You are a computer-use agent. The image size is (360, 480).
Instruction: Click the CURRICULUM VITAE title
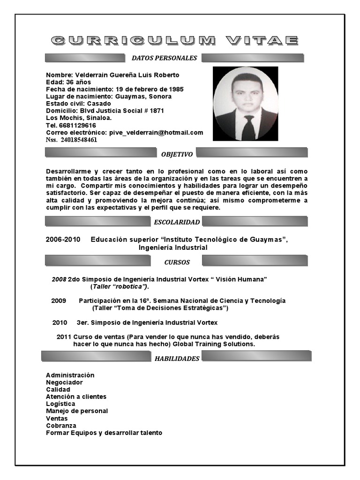click(x=174, y=41)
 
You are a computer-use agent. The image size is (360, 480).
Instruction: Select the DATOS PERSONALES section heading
click(x=164, y=58)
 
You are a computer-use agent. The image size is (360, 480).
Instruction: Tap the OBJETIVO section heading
click(x=176, y=154)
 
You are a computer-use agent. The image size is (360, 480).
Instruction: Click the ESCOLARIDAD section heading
click(x=177, y=222)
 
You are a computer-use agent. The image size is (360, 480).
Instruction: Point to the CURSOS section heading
click(x=177, y=262)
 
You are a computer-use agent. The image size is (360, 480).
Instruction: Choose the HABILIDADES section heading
click(x=177, y=359)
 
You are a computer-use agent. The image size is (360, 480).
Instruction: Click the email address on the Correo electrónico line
click(x=155, y=133)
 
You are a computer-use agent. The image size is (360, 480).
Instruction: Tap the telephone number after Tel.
click(x=77, y=126)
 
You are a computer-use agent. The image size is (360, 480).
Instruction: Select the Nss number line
click(x=72, y=140)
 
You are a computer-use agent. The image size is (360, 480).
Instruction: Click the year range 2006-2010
click(x=63, y=240)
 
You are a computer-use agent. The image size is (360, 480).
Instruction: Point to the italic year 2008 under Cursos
click(x=59, y=279)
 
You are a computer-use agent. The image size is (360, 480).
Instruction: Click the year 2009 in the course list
click(x=59, y=300)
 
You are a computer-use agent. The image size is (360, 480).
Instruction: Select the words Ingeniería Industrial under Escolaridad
click(x=173, y=247)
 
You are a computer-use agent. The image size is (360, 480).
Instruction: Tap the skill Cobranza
click(x=61, y=426)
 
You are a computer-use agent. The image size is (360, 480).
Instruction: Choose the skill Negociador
click(x=64, y=382)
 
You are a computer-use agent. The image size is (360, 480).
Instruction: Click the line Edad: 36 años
click(x=68, y=82)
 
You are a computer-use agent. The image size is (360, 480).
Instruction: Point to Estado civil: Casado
click(x=78, y=104)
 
